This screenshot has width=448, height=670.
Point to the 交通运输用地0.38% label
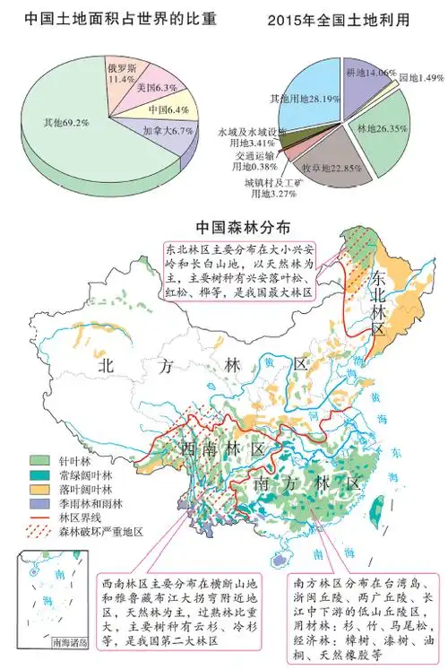pyautogui.click(x=240, y=160)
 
